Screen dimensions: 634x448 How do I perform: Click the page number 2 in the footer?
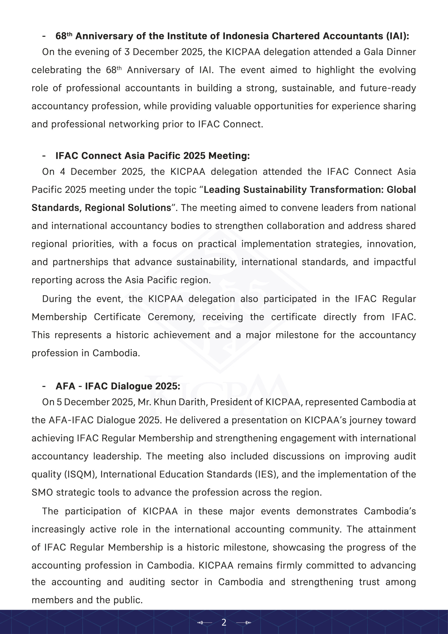tap(224, 622)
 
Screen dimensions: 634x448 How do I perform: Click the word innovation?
tap(391, 244)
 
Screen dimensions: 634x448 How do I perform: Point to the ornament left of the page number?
tap(204, 622)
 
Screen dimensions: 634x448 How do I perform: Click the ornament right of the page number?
tap(244, 622)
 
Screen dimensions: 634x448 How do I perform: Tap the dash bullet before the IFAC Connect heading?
tap(44, 156)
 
